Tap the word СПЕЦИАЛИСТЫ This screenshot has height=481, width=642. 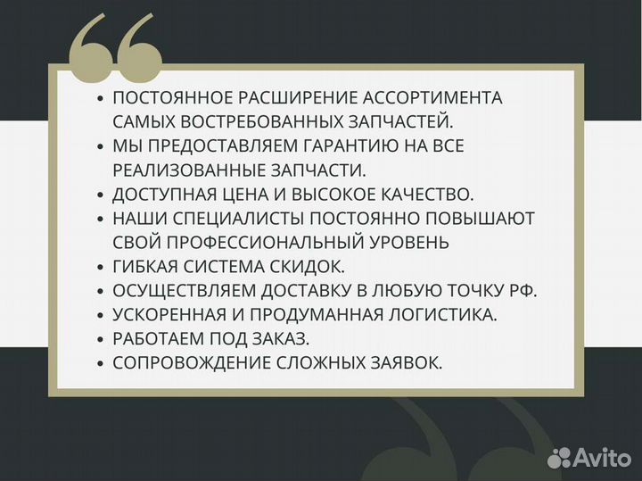click(246, 217)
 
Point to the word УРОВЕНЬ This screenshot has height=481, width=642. click(407, 241)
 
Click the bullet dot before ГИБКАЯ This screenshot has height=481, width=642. click(100, 266)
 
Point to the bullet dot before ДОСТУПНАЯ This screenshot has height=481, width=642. click(100, 194)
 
